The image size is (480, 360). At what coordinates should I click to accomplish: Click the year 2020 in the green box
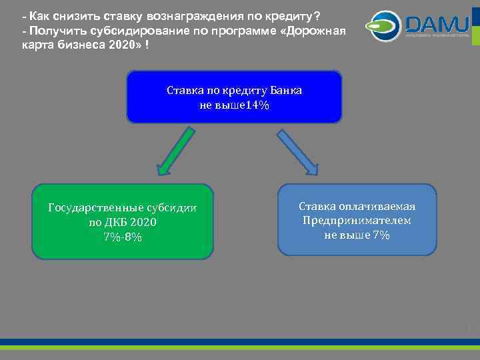[x=144, y=223]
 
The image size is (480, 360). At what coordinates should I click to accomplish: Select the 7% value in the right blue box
[x=381, y=235]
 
